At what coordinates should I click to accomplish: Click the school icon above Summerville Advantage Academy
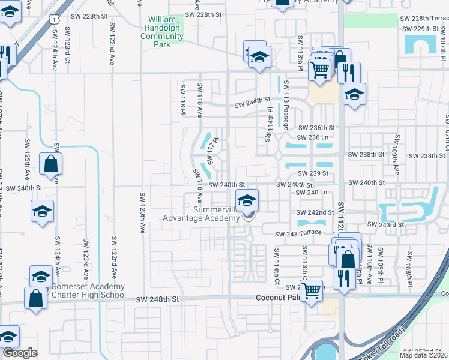tap(247, 200)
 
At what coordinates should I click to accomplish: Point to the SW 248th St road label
tap(158, 298)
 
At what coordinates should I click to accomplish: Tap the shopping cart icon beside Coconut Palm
tap(311, 290)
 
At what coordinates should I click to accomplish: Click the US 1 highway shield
tap(55, 20)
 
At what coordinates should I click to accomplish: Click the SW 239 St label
tap(316, 173)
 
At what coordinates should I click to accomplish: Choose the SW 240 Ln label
tap(315, 193)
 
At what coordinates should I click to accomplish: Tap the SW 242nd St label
tap(315, 212)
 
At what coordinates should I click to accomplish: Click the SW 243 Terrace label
tap(299, 233)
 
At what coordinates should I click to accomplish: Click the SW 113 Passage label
tap(286, 105)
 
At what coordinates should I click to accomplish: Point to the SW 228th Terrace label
tap(423, 19)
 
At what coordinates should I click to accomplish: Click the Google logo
tap(20, 353)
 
